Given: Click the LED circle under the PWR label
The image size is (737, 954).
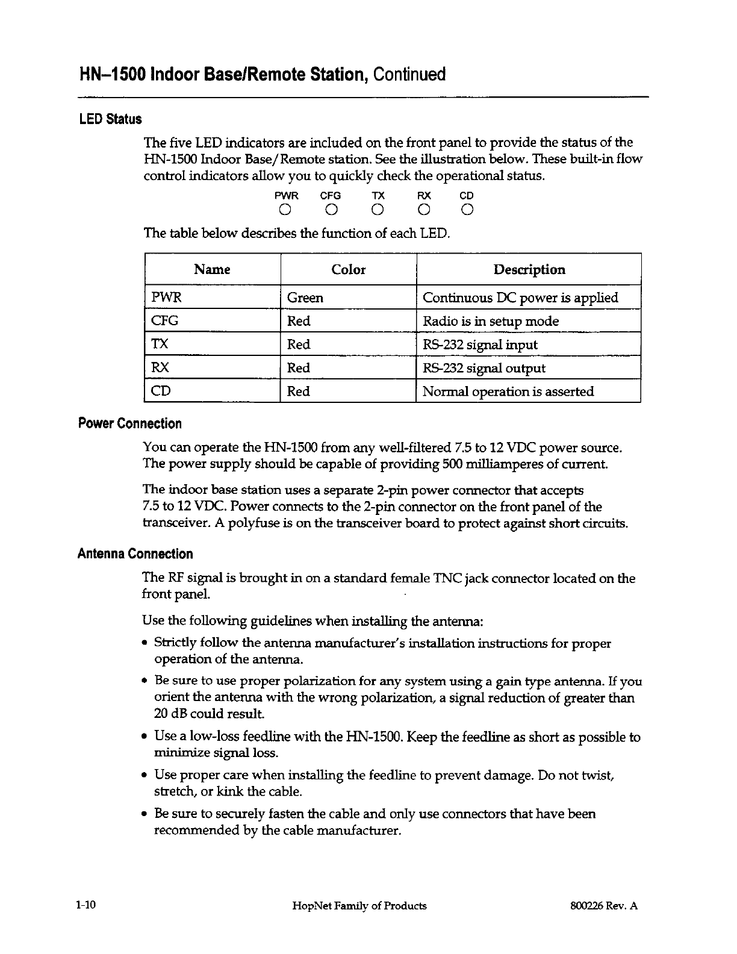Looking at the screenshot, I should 286,210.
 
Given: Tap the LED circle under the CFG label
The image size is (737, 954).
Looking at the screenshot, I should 331,210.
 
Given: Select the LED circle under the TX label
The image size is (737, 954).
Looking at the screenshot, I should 378,210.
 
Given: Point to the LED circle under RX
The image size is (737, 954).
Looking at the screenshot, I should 424,210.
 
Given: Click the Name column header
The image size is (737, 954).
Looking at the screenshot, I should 212,270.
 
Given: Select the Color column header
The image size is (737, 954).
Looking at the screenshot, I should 348,270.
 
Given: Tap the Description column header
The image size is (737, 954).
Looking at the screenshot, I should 529,270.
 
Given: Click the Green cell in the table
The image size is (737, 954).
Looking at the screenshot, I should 305,298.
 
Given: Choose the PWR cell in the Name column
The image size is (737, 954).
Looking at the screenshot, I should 166,298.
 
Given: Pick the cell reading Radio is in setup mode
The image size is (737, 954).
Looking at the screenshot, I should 491,322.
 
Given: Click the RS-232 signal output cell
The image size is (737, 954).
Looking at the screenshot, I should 484,369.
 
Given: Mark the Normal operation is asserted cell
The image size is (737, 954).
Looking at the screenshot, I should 508,391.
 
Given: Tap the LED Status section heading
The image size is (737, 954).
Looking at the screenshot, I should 110,119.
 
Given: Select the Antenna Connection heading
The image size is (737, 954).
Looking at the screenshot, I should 135,554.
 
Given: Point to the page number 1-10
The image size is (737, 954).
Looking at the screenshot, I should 87,905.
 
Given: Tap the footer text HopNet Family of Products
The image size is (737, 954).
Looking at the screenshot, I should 359,906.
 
